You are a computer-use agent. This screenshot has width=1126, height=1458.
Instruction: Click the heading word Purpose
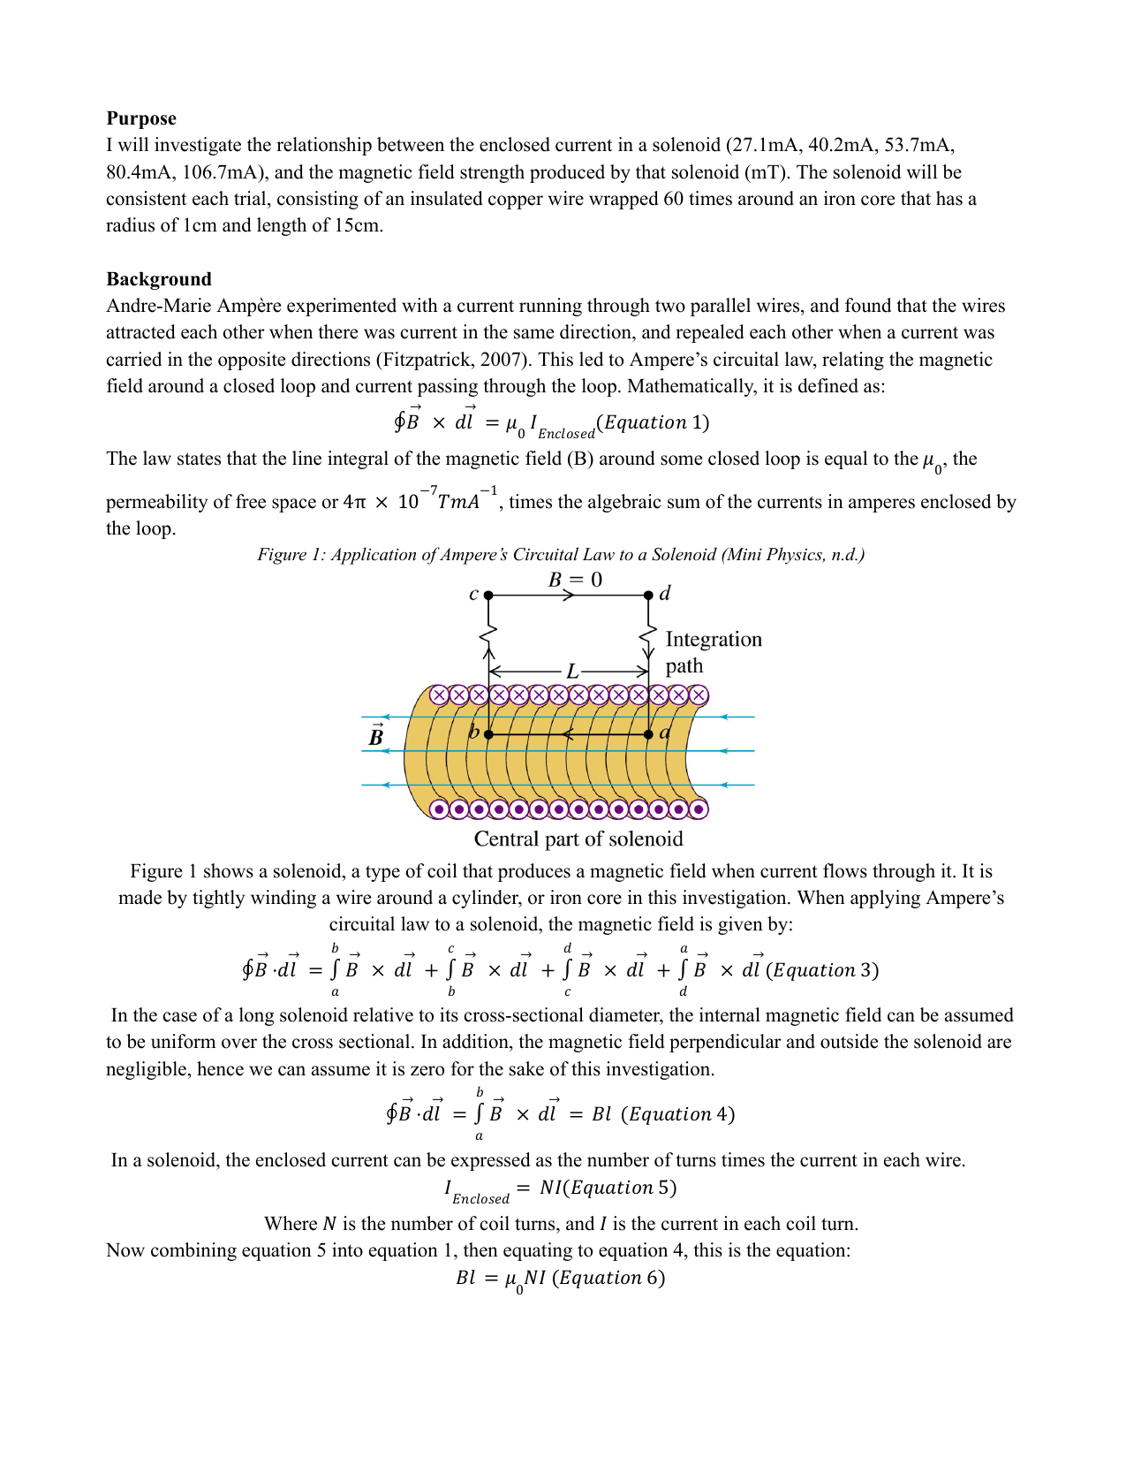(x=141, y=118)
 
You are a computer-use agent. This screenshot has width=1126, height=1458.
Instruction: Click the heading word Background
(x=159, y=279)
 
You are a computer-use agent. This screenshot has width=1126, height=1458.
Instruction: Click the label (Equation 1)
(x=653, y=422)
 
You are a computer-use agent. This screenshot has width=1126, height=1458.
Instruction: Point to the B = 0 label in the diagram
(x=575, y=580)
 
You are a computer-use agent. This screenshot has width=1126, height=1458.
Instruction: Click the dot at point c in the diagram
(x=488, y=596)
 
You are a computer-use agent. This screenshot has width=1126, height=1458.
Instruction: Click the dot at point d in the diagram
(x=648, y=596)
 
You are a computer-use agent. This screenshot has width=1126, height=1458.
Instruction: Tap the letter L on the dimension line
(x=571, y=672)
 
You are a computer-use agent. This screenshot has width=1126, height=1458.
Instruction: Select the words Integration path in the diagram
(x=713, y=652)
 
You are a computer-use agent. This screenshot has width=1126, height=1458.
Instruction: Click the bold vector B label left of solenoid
(x=376, y=736)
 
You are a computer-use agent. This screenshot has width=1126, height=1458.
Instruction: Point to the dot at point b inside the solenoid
(x=488, y=734)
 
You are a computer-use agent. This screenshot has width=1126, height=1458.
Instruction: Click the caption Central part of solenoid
(x=578, y=839)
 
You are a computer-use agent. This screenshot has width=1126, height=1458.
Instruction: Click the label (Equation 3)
(x=822, y=970)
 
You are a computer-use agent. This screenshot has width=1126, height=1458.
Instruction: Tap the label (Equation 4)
(x=678, y=1114)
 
